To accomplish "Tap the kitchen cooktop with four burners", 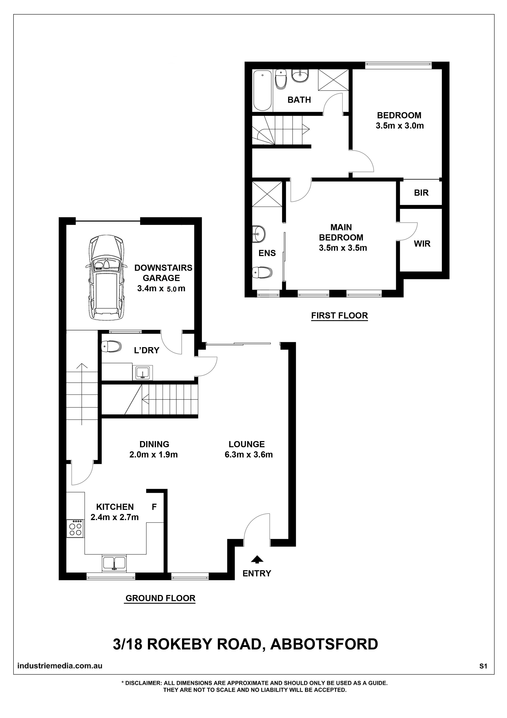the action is pos(75,528).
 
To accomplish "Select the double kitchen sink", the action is pos(114,563).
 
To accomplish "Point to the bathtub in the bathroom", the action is pos(262,90).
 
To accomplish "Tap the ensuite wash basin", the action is pos(259,233).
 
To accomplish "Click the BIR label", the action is pos(421,193).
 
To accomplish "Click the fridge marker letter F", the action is pos(154,507).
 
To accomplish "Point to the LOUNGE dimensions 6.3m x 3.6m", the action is pos(249,455).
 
